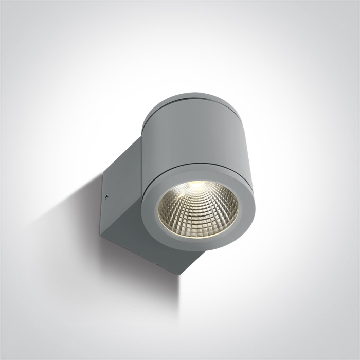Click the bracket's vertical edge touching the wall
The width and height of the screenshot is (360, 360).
point(102,203)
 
